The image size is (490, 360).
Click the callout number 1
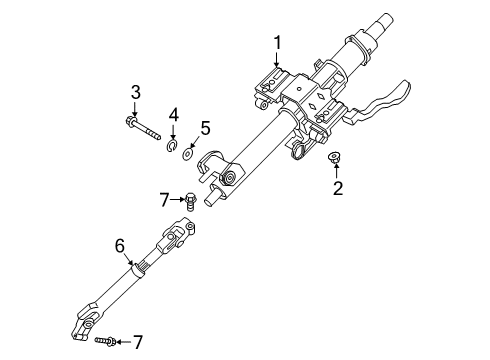click(x=277, y=43)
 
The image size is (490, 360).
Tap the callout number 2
click(x=338, y=188)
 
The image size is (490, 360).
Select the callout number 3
click(x=135, y=92)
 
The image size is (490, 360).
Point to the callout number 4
click(x=173, y=115)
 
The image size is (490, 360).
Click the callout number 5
click(x=205, y=128)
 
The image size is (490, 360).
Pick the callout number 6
click(x=120, y=246)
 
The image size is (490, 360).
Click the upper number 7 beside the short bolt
click(x=165, y=200)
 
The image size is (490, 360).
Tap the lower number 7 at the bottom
click(x=138, y=342)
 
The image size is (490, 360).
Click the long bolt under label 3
click(x=143, y=128)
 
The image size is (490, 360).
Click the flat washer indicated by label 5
click(x=188, y=154)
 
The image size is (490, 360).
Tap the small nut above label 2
click(x=334, y=157)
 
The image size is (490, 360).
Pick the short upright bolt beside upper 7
click(x=190, y=201)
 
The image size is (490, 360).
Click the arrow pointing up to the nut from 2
click(x=336, y=169)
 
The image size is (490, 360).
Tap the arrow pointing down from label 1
click(x=276, y=59)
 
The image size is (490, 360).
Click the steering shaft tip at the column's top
click(x=385, y=22)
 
